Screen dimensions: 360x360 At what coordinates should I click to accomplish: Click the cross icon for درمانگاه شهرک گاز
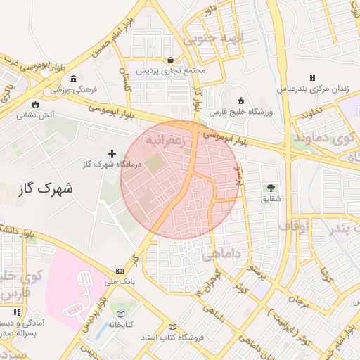(112, 153)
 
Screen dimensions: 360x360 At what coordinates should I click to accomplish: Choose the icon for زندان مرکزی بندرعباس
(312, 78)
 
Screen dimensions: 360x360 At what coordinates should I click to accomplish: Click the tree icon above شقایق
(270, 188)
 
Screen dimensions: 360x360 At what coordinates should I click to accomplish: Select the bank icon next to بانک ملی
(120, 271)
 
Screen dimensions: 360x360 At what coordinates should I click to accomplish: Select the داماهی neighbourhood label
(221, 255)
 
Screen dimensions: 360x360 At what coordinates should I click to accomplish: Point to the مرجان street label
(298, 300)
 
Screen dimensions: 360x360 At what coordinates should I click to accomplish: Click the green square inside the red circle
(155, 165)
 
